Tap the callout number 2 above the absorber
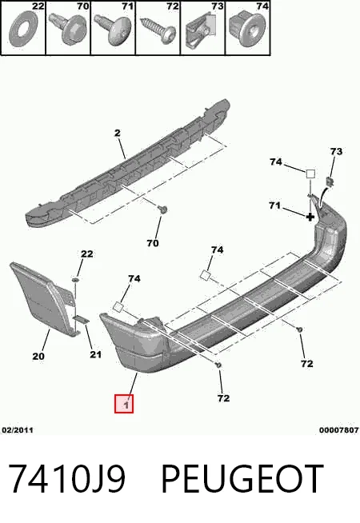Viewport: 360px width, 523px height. (117, 133)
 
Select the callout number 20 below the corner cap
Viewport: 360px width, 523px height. (38, 356)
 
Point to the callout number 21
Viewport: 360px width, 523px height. (95, 354)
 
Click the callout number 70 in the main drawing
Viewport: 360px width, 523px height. (153, 243)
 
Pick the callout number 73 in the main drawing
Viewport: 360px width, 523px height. (336, 151)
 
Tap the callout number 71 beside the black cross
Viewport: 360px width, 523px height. (275, 206)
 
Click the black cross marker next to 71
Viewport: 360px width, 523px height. (310, 218)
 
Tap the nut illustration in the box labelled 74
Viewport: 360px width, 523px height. (247, 29)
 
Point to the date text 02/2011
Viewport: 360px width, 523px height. (18, 430)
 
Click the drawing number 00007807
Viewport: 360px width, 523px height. (339, 430)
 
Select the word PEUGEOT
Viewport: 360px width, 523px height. (243, 479)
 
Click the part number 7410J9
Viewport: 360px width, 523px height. (66, 479)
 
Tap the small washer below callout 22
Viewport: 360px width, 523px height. (76, 279)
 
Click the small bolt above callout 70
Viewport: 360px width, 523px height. (163, 210)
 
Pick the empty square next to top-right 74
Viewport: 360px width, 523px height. (310, 174)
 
